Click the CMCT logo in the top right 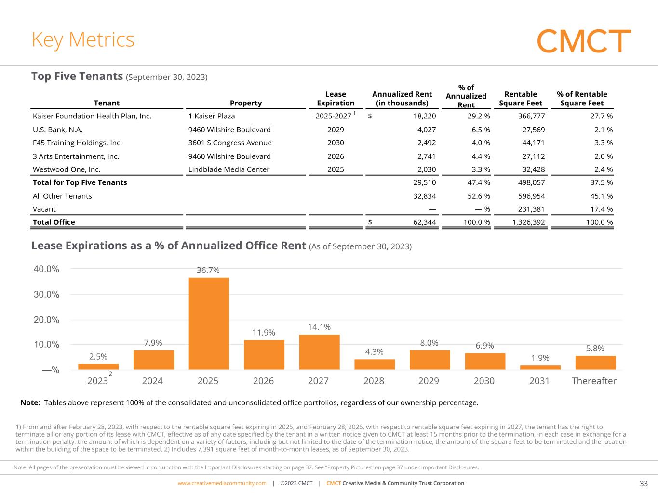(x=584, y=41)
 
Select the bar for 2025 (x=209, y=323)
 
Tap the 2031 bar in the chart (x=540, y=367)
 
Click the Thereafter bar (x=595, y=363)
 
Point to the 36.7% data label (x=208, y=271)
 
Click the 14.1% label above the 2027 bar (x=319, y=327)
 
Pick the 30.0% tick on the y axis (x=47, y=294)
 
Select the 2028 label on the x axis (x=374, y=381)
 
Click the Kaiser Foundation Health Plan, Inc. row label (x=92, y=116)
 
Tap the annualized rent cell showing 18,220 (x=424, y=116)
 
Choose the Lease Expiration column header (x=336, y=99)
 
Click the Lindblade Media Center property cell (x=229, y=169)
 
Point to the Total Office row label (x=54, y=222)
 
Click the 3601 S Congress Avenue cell (x=230, y=143)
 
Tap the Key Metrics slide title (x=83, y=39)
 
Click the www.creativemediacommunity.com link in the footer (x=222, y=483)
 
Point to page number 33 (x=644, y=484)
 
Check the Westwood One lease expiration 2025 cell (x=336, y=169)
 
